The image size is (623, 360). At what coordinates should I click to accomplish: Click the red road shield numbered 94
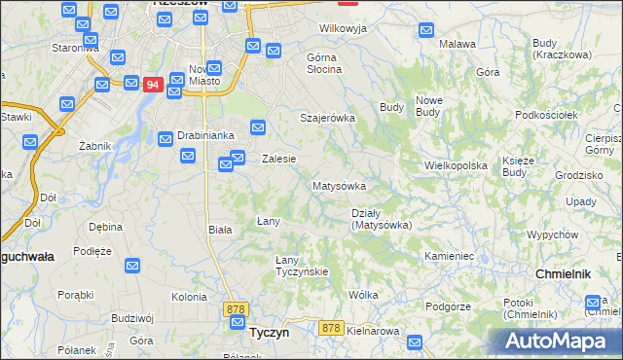pyautogui.click(x=151, y=85)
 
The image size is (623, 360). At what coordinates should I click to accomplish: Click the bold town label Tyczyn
pyautogui.click(x=269, y=332)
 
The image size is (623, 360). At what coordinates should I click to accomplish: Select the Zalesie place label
pyautogui.click(x=278, y=159)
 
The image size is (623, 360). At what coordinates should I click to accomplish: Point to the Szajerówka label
pyautogui.click(x=327, y=118)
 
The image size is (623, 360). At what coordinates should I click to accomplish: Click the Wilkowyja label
pyautogui.click(x=343, y=28)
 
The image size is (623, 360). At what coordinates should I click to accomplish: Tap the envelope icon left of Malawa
pyautogui.click(x=425, y=30)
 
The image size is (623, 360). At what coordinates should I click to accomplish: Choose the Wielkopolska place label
pyautogui.click(x=456, y=165)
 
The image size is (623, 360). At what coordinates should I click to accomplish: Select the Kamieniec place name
pyautogui.click(x=449, y=256)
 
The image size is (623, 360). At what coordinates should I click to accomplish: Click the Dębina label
pyautogui.click(x=105, y=227)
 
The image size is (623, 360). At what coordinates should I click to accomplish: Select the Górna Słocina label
pyautogui.click(x=324, y=63)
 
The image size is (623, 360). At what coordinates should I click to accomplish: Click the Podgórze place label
pyautogui.click(x=449, y=306)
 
